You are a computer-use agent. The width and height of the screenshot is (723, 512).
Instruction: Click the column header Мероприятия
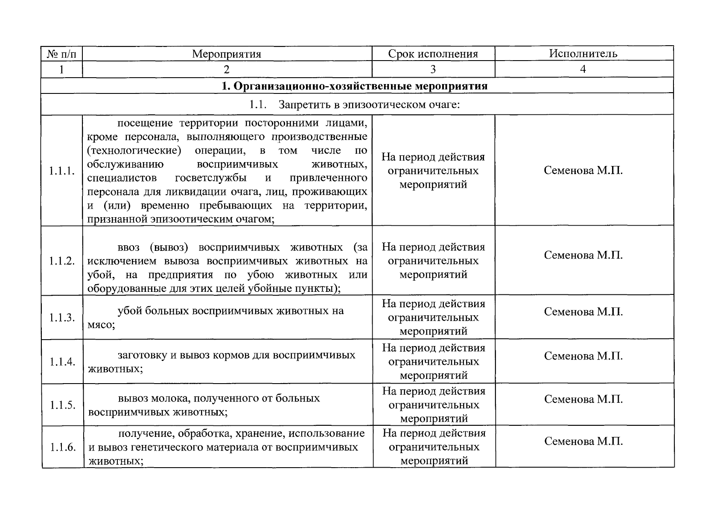coord(226,54)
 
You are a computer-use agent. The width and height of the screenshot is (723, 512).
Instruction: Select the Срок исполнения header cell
coord(433,54)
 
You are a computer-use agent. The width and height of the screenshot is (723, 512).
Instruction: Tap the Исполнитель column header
coord(583,53)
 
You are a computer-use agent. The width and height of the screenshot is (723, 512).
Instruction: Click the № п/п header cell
coord(61,54)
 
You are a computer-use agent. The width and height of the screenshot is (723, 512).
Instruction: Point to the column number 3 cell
coord(433,69)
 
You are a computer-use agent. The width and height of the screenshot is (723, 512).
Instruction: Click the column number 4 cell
coord(583,69)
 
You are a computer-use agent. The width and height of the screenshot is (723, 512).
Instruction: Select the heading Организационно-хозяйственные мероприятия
coord(354,86)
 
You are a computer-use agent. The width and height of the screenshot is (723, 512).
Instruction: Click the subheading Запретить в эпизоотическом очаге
coord(369,105)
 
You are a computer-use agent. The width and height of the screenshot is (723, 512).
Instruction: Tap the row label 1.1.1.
coord(62,171)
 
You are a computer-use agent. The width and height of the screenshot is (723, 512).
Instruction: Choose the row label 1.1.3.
coord(62,318)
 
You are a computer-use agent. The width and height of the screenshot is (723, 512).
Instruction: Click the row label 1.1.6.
coord(62,447)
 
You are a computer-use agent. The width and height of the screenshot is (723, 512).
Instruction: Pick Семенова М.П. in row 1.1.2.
coord(583,255)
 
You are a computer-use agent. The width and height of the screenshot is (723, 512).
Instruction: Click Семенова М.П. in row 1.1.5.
coord(583,399)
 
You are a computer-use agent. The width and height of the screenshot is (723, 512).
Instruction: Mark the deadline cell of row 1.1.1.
coord(433,171)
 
